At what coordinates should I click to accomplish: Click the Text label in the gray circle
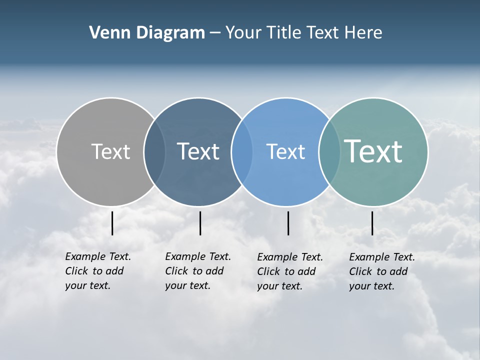click(110, 151)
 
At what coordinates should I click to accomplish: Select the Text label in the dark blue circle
click(198, 151)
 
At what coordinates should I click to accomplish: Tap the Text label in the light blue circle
click(285, 151)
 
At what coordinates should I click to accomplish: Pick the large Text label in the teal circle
click(373, 151)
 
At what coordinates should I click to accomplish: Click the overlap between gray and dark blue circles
click(154, 151)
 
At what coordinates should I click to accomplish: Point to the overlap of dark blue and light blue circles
click(242, 151)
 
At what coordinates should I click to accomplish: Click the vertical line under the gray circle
click(112, 223)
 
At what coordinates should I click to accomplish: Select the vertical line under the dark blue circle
click(200, 223)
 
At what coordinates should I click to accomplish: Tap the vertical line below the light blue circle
click(288, 223)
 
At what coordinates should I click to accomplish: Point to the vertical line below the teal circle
click(372, 223)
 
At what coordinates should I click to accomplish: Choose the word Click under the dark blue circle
click(176, 271)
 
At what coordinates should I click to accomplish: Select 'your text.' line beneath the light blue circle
click(279, 286)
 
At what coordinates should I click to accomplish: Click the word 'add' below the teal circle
click(398, 271)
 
